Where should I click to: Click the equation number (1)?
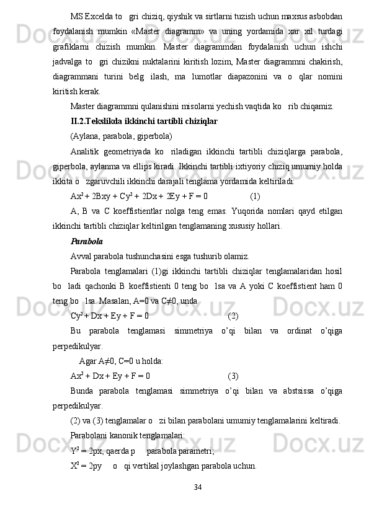[255, 196]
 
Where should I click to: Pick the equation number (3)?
[234, 376]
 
